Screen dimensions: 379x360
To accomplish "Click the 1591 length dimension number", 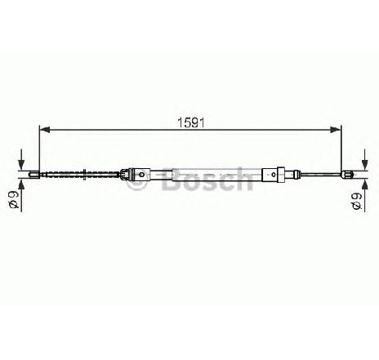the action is tap(190, 122).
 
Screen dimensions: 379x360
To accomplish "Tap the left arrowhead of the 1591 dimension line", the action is tap(45, 130).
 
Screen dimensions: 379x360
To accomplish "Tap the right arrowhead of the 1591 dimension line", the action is tap(335, 130).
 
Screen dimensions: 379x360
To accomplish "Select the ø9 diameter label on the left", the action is tap(14, 200).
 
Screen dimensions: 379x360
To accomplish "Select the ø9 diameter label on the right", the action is tap(356, 202).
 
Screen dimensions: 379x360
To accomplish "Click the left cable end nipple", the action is tap(34, 174).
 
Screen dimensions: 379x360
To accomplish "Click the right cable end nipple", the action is tap(347, 174).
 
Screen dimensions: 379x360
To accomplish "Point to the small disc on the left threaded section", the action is tap(85, 174).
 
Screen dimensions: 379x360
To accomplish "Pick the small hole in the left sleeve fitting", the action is tap(141, 174).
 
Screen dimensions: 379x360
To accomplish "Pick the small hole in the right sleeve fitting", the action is tap(274, 174).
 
